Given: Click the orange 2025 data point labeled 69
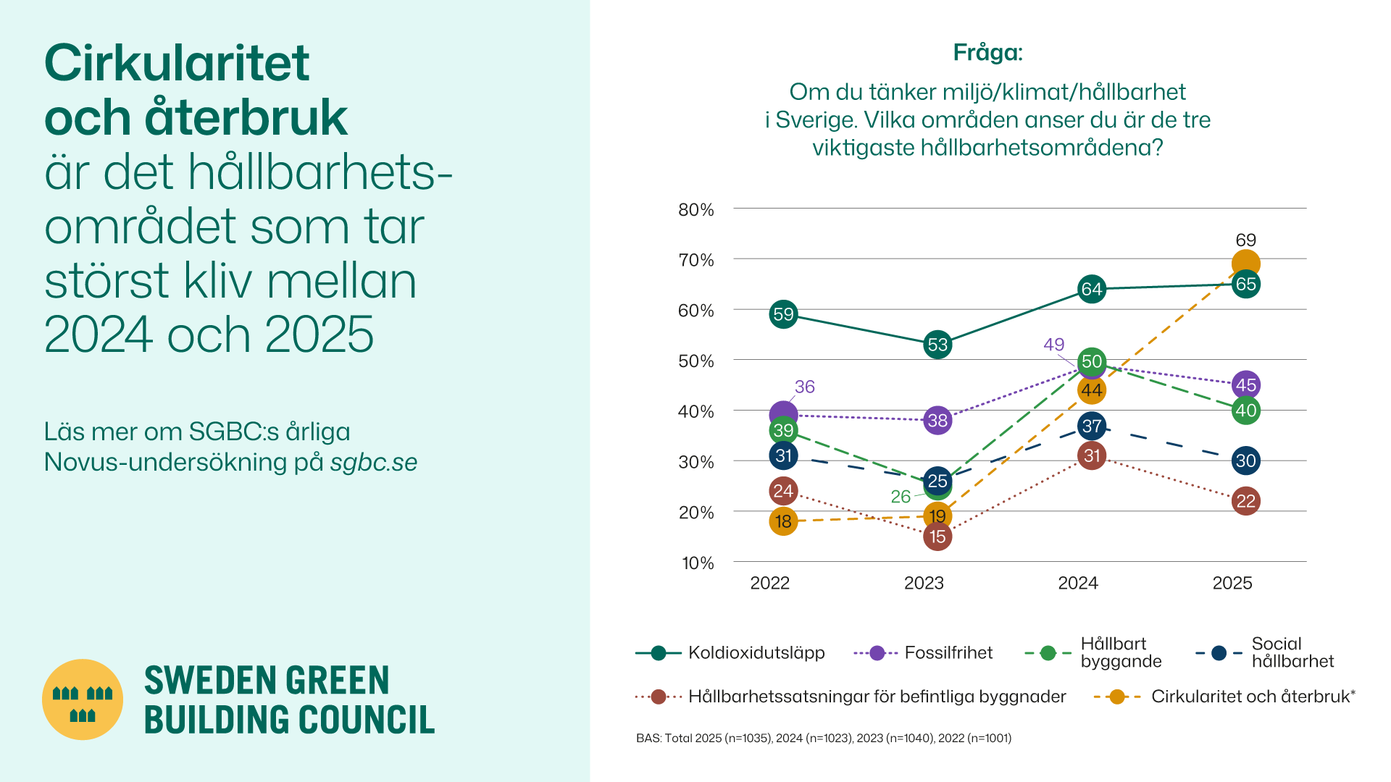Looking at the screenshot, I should pyautogui.click(x=1245, y=264).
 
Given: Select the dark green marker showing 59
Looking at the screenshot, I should pyautogui.click(x=783, y=314).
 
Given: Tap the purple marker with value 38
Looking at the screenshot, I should pyautogui.click(x=937, y=420).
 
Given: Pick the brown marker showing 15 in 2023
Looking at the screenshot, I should pyautogui.click(x=937, y=537).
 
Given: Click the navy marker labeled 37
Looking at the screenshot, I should pyautogui.click(x=1092, y=426).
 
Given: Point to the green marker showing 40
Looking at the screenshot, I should pyautogui.click(x=1245, y=411).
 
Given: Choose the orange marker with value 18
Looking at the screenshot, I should pyautogui.click(x=783, y=521).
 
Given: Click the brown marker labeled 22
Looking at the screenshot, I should pyautogui.click(x=1245, y=501).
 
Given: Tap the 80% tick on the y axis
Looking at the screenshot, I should pyautogui.click(x=696, y=210).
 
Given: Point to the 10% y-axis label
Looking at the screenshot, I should pyautogui.click(x=698, y=563).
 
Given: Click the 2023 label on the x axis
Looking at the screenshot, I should pyautogui.click(x=924, y=584).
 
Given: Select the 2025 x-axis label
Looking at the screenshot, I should pyautogui.click(x=1232, y=584).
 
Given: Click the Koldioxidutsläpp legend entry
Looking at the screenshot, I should pyautogui.click(x=756, y=653).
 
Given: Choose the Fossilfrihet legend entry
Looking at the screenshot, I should pyautogui.click(x=948, y=653).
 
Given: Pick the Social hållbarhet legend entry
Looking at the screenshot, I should pyautogui.click(x=1292, y=652).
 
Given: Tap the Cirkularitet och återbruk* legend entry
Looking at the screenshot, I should pyautogui.click(x=1253, y=697).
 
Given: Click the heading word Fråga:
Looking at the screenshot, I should pyautogui.click(x=987, y=53).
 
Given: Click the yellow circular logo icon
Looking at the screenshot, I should pyautogui.click(x=83, y=699).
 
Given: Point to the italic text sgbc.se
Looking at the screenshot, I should pyautogui.click(x=374, y=462).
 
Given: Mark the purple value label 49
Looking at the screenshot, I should pyautogui.click(x=1053, y=345).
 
